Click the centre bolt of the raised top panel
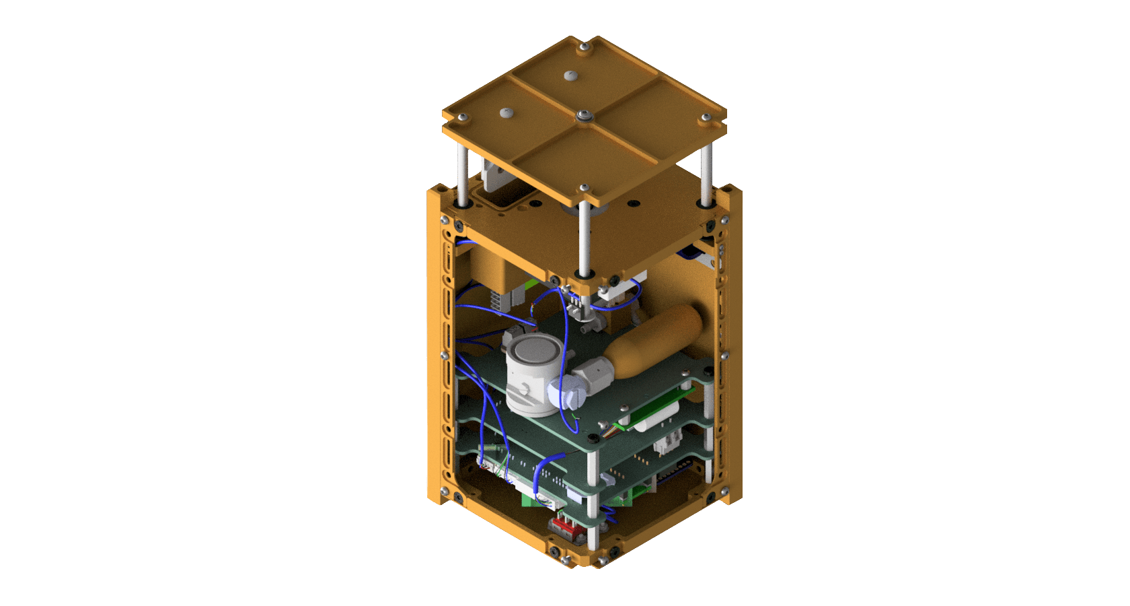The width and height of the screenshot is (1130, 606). [x=583, y=116]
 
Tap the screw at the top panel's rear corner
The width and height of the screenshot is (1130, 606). [x=585, y=46]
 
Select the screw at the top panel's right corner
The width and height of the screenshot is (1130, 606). [x=705, y=118]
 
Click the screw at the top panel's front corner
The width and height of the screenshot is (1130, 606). [x=585, y=187]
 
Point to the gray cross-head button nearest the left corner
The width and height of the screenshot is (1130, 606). [x=504, y=112]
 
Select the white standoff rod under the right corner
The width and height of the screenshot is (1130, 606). [x=706, y=175]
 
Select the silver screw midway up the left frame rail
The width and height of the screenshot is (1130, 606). [x=444, y=355]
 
